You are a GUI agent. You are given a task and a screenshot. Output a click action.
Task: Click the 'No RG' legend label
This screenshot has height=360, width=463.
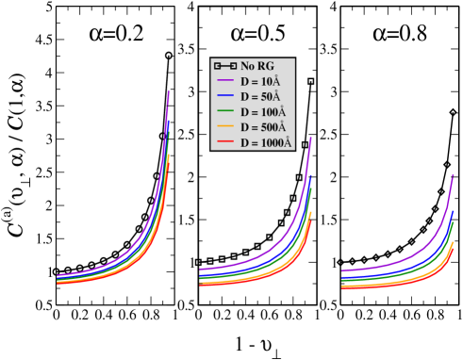tap(257, 66)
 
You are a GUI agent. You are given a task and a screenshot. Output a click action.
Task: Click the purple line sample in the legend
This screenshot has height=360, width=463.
tap(225, 81)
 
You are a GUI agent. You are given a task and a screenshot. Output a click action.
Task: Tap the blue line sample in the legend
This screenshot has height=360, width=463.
tap(225, 96)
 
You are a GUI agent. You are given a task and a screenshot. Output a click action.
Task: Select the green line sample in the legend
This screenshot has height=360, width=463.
tap(225, 112)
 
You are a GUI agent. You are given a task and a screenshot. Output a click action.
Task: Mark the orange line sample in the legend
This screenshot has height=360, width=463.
tap(225, 127)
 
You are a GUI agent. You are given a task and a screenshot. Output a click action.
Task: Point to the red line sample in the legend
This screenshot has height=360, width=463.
tap(225, 142)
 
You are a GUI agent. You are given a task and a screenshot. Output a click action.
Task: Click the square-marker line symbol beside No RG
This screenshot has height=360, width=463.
tap(225, 66)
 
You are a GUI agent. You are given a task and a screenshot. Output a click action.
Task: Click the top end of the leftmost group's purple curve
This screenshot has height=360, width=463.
tap(169, 91)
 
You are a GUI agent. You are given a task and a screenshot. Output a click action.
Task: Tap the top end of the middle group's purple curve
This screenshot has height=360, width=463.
tap(311, 138)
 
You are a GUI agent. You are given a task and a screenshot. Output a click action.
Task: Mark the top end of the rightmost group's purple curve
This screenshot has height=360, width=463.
tap(454, 174)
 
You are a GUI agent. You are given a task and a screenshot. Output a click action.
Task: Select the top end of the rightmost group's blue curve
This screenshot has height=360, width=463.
tap(454, 211)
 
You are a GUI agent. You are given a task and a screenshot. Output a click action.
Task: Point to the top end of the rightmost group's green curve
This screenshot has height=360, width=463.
tap(454, 222)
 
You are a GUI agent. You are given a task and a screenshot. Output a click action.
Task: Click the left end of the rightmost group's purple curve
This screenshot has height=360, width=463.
tap(341, 270)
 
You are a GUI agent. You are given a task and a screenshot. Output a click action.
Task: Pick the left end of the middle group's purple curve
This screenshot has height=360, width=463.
tap(199, 270)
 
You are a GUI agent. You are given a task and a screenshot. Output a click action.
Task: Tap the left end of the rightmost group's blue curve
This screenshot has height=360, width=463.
tap(341, 276)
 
